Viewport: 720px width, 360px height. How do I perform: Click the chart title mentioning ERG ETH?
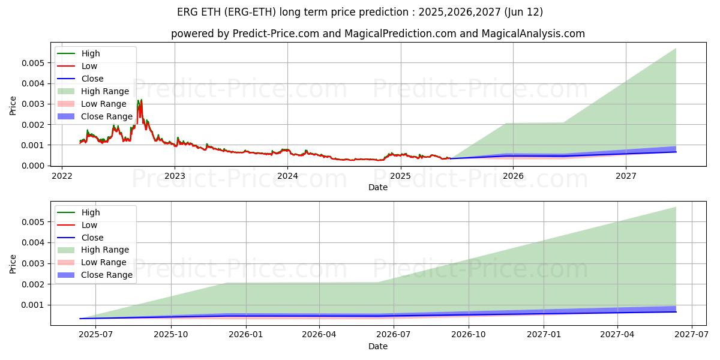[360, 12]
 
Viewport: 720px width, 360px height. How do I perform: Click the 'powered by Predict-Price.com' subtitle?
[377, 34]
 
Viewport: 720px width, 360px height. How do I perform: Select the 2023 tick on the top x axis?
[175, 176]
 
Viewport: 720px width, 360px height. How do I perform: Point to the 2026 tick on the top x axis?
[513, 176]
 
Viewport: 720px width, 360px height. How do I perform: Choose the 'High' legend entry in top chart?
[91, 53]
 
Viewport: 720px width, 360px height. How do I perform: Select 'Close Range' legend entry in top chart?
[106, 116]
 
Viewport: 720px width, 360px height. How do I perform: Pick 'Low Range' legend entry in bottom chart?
[104, 262]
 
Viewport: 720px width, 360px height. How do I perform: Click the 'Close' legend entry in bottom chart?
[92, 238]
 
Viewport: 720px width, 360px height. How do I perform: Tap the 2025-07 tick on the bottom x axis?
[96, 335]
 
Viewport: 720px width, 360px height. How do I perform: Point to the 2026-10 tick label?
[467, 335]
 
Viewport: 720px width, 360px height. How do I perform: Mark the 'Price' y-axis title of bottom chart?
[13, 263]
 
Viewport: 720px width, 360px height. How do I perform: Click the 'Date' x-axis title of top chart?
[378, 187]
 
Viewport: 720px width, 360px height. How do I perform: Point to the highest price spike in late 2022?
[140, 101]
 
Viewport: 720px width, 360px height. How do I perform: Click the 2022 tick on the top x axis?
[62, 176]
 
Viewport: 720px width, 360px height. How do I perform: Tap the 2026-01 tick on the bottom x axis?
[245, 335]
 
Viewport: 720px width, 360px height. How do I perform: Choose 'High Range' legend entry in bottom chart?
[105, 250]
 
